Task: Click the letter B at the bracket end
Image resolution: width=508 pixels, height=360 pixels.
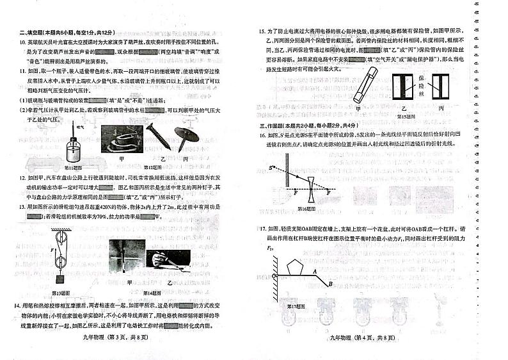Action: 330,283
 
